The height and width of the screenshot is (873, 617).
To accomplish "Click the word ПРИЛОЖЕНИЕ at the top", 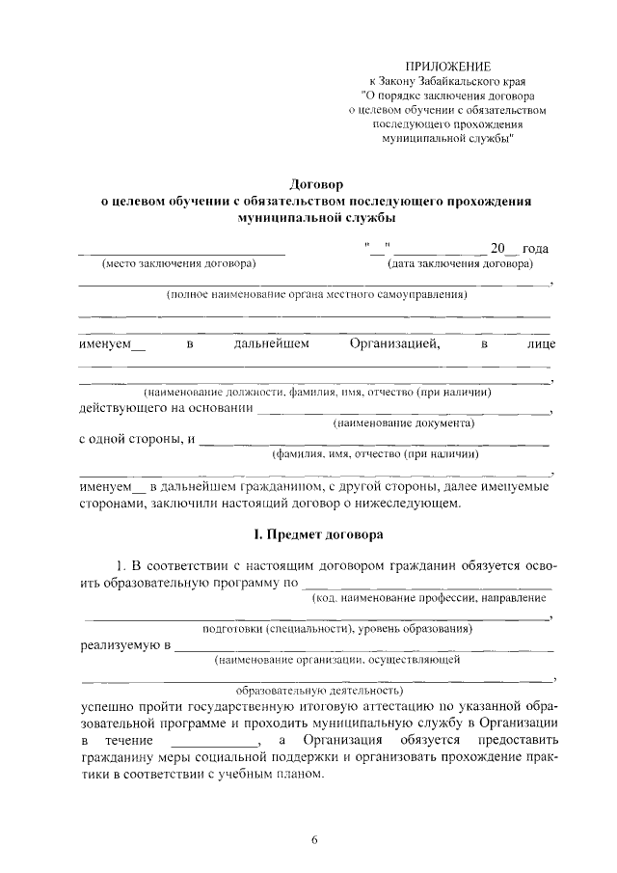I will click(447, 66).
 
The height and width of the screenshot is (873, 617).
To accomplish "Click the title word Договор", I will click(317, 184).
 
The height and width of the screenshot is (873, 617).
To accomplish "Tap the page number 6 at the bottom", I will click(314, 839).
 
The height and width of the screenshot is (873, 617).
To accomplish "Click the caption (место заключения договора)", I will click(178, 263).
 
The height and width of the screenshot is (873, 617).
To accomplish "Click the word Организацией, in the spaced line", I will click(395, 343).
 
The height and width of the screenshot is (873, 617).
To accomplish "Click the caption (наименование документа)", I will click(402, 423).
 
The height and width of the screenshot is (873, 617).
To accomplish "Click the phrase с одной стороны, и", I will click(136, 440).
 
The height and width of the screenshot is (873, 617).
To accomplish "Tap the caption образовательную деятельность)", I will click(318, 691).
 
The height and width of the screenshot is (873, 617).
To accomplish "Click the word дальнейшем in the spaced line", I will click(272, 343).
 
